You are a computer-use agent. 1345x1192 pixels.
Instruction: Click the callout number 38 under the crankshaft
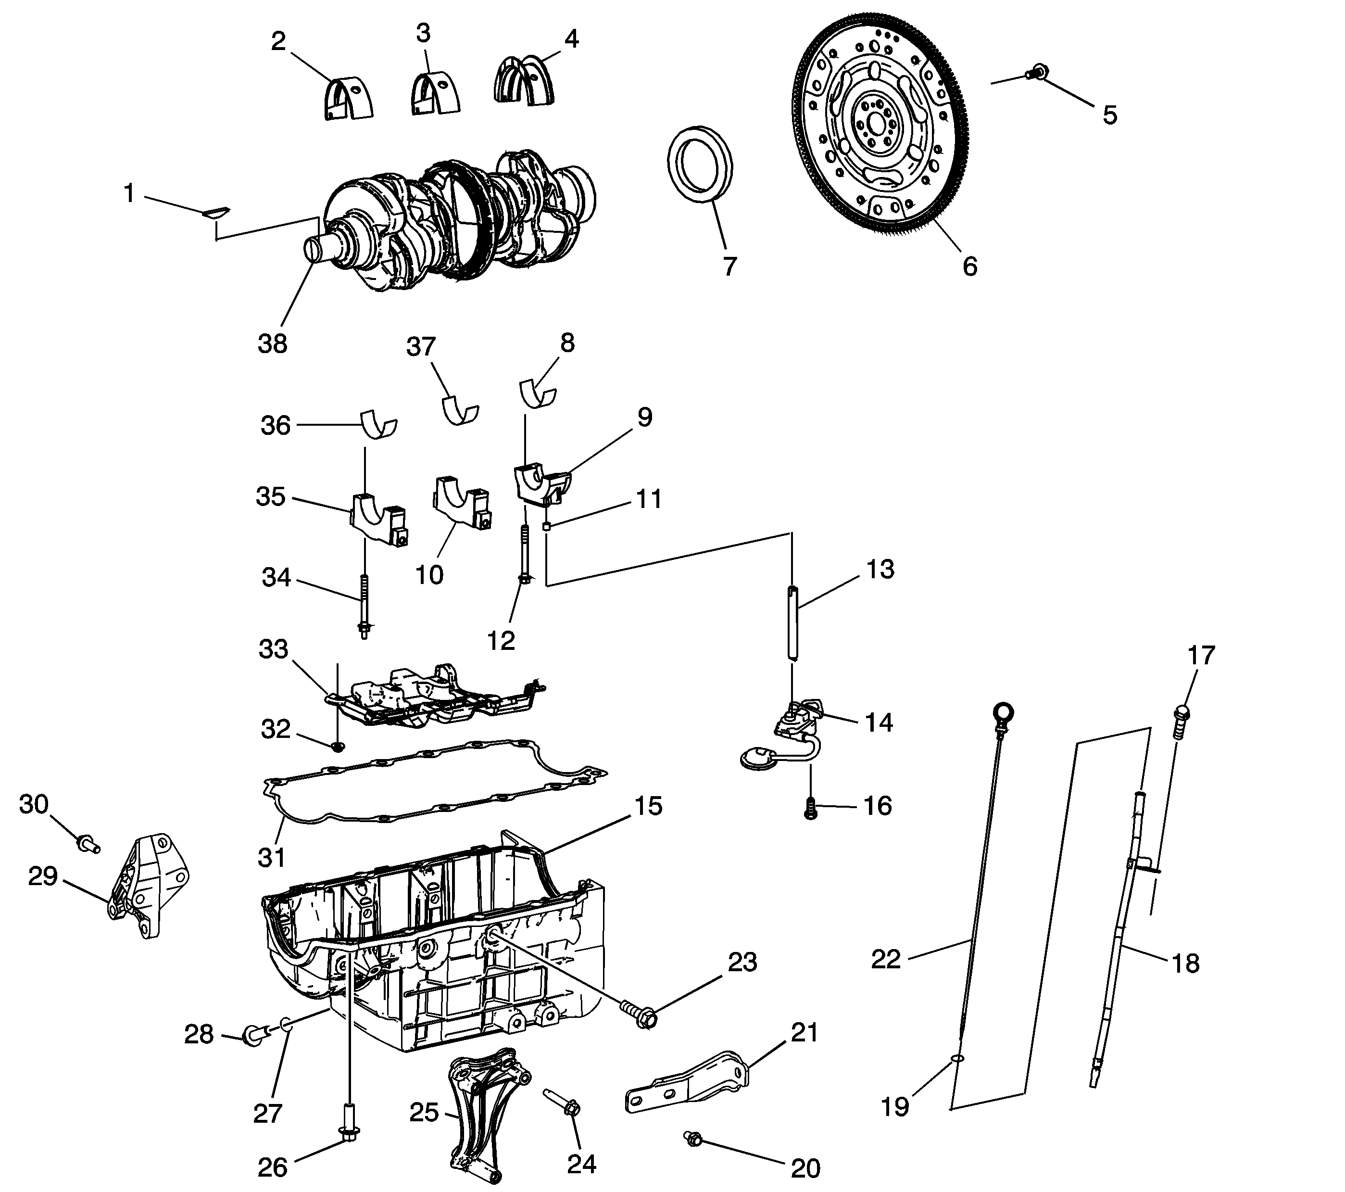273,343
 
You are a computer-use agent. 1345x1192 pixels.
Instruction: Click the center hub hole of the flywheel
875,123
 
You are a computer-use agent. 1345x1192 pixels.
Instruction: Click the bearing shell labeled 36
379,425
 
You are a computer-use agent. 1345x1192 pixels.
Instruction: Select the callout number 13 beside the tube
880,570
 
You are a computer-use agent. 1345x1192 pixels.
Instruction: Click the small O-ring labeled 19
957,1078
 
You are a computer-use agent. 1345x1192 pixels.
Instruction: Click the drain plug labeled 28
253,1035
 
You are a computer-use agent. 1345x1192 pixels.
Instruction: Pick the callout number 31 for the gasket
272,857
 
